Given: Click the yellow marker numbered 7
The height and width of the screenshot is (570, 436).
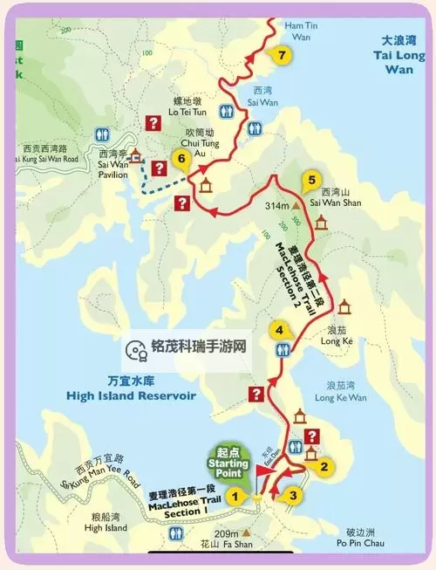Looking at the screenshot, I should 281,56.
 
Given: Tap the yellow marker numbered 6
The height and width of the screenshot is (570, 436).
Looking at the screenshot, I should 181,159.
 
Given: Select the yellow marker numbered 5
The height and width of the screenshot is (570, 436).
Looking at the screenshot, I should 310,182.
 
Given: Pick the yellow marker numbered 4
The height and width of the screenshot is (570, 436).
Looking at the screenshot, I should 278,330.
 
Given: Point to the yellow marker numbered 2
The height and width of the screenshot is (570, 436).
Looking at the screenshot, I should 324,465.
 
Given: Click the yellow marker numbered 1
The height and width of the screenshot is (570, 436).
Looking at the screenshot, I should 233,496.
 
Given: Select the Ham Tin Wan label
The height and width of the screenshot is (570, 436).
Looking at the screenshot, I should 297,31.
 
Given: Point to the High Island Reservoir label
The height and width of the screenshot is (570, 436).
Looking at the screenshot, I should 131,389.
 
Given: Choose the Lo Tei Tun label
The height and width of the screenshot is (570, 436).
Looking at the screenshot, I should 188,118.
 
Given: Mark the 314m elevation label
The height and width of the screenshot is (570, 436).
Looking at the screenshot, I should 277,206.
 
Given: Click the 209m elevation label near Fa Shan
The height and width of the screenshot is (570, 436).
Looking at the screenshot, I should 227,533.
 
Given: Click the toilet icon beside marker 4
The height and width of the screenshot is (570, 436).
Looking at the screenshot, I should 283,349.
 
